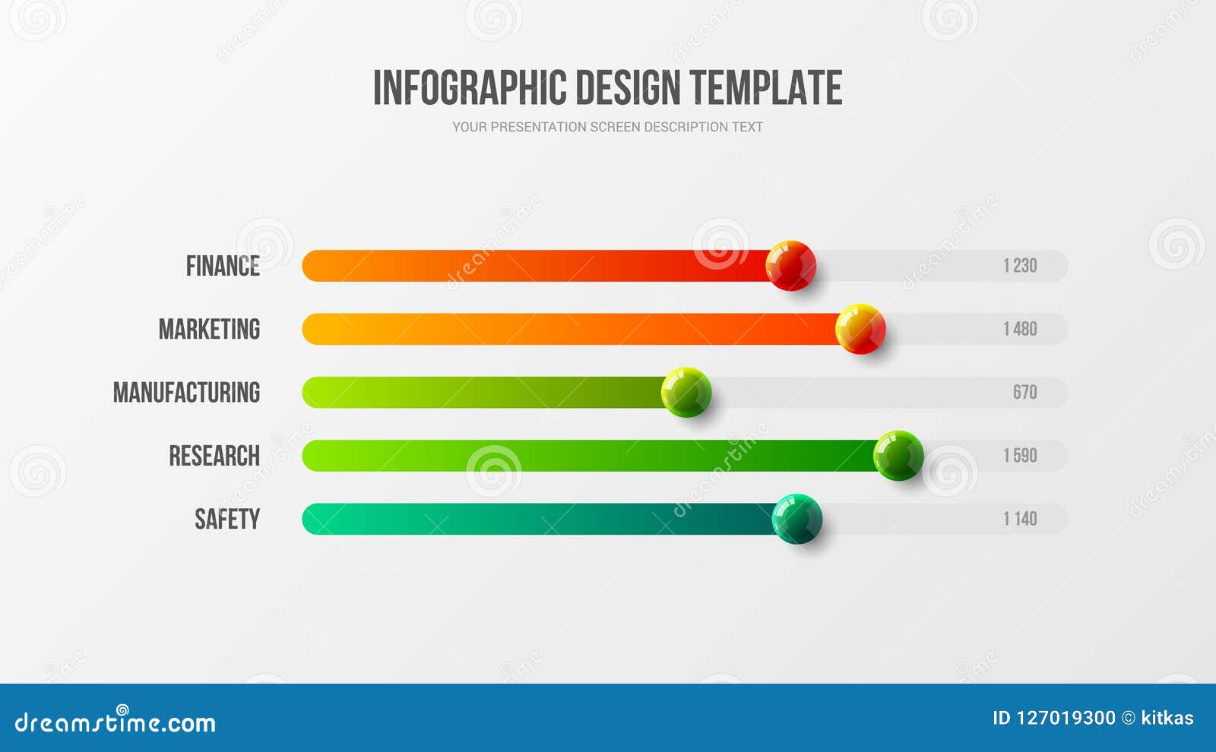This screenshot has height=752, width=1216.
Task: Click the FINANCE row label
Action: click(223, 266)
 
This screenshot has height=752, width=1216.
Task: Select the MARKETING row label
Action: click(209, 329)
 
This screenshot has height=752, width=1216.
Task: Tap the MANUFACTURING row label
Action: click(186, 392)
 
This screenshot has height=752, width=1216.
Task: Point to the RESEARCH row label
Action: click(214, 456)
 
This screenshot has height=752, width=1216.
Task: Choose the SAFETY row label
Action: click(227, 519)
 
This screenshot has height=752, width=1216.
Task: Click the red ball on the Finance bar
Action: click(790, 266)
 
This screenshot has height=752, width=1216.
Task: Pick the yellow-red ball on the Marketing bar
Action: click(860, 329)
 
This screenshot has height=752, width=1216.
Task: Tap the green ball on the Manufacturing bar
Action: click(686, 392)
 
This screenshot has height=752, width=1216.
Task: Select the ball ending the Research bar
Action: click(898, 456)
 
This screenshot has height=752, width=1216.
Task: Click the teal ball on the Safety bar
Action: click(797, 519)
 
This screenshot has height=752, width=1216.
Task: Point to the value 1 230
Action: click(1020, 266)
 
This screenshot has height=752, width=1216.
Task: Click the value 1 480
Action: click(1020, 329)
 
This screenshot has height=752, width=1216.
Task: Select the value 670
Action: click(1024, 392)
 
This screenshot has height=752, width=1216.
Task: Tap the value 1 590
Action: click(1020, 456)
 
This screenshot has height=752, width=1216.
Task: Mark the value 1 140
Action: click(1020, 519)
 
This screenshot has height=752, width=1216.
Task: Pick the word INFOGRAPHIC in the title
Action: click(470, 87)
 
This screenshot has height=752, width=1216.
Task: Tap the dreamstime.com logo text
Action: click(116, 722)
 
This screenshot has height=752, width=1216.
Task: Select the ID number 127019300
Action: click(1066, 718)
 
